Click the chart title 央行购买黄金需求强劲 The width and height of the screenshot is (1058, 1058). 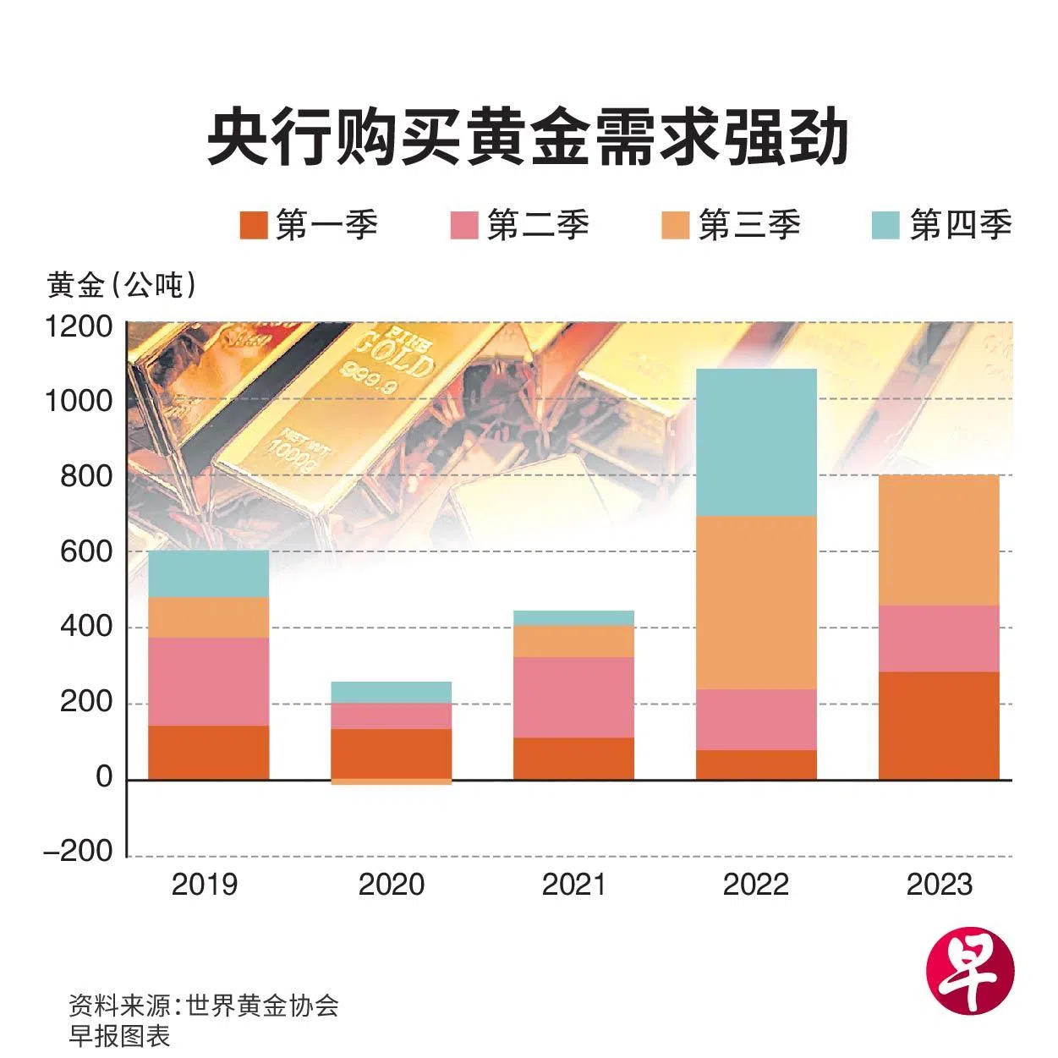(x=528, y=138)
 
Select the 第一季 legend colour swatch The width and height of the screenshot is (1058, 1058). (x=254, y=225)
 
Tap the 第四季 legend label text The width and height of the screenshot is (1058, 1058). (x=961, y=225)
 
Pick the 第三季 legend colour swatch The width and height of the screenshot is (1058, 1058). (x=675, y=225)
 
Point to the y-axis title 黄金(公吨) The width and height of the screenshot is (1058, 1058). (x=122, y=285)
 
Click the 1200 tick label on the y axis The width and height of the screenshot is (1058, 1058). (x=79, y=326)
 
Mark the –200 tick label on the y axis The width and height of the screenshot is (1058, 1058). (x=79, y=851)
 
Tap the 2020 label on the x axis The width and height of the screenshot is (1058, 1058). (x=391, y=885)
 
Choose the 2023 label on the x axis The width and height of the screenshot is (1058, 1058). (x=939, y=885)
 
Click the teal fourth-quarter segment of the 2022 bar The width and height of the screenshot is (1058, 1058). (x=756, y=441)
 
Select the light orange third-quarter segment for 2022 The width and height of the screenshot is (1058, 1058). (x=756, y=602)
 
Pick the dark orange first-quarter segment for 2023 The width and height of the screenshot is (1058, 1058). (x=939, y=725)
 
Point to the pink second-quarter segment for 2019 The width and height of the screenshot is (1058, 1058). (x=208, y=681)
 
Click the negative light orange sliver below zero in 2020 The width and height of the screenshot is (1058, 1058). (x=391, y=782)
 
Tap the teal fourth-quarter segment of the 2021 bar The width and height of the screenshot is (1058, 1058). (x=573, y=617)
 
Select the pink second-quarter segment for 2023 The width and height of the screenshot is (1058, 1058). (x=939, y=639)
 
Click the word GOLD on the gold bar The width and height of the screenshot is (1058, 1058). (x=395, y=353)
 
